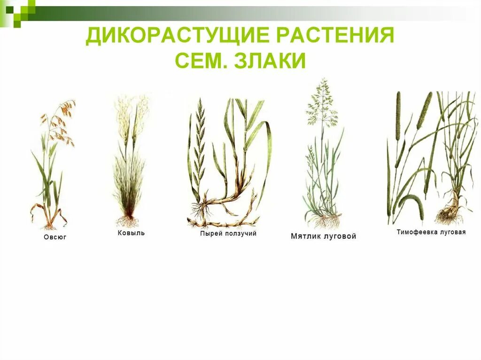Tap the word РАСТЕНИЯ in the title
click(x=334, y=36)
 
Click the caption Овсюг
click(x=55, y=237)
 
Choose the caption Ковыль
click(x=131, y=233)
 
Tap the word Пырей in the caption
click(x=210, y=233)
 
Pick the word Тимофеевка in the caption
click(x=417, y=232)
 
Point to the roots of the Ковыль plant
click(x=127, y=221)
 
